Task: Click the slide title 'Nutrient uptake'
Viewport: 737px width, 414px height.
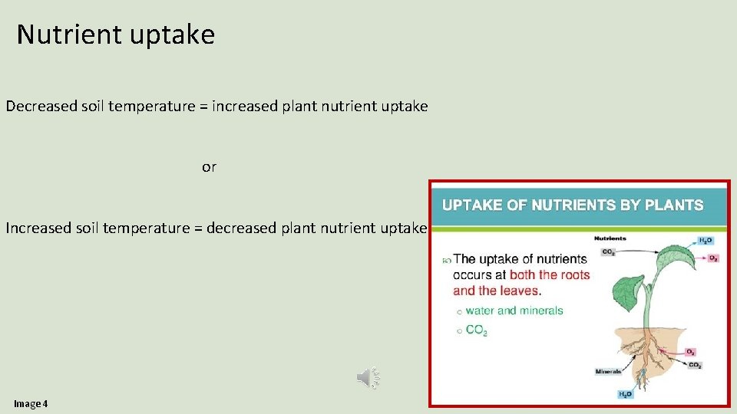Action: pyautogui.click(x=115, y=35)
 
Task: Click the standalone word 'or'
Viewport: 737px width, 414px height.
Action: pyautogui.click(x=209, y=167)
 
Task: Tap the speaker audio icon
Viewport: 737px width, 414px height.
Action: pyautogui.click(x=368, y=376)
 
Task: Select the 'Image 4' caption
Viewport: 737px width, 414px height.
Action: pyautogui.click(x=31, y=403)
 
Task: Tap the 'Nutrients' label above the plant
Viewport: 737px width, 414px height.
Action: pyautogui.click(x=610, y=238)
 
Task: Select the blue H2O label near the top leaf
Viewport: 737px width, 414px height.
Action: pyautogui.click(x=706, y=241)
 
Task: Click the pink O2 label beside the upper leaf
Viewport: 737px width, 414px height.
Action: pyautogui.click(x=712, y=258)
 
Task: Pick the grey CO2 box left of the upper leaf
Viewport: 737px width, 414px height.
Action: pyautogui.click(x=608, y=251)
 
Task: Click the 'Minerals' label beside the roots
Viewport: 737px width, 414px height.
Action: pyautogui.click(x=608, y=372)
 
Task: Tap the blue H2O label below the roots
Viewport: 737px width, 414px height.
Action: pyautogui.click(x=625, y=394)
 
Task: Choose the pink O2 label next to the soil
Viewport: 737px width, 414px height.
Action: pyautogui.click(x=691, y=352)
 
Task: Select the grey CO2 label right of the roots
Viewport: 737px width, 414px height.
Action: pyautogui.click(x=695, y=365)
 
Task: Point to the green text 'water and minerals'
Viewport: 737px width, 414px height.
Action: pyautogui.click(x=514, y=310)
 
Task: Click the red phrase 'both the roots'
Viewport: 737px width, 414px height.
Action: pyautogui.click(x=550, y=274)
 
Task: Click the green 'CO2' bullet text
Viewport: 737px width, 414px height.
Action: pyautogui.click(x=476, y=330)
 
